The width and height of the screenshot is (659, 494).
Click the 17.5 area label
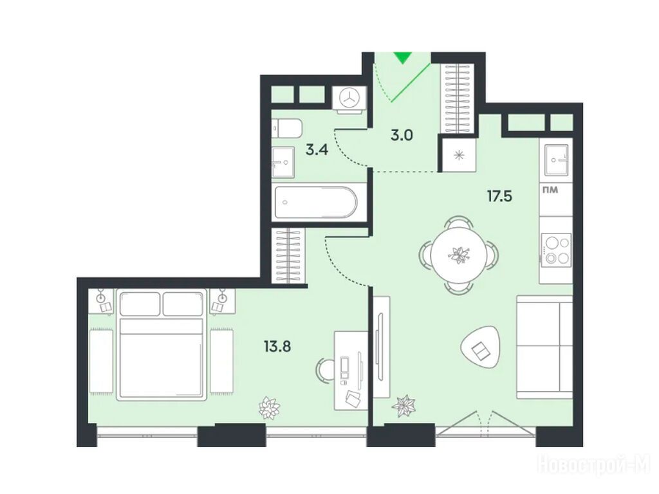pyautogui.click(x=499, y=196)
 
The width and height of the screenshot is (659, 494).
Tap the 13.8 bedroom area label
pyautogui.click(x=277, y=347)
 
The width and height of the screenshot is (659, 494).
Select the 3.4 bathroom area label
pyautogui.click(x=317, y=150)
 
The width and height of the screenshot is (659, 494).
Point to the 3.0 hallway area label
pyautogui.click(x=402, y=136)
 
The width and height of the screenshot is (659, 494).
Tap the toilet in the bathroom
pyautogui.click(x=286, y=128)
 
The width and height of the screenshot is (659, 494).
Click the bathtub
pyautogui.click(x=315, y=203)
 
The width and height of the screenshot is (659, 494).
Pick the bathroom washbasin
pyautogui.click(x=283, y=162)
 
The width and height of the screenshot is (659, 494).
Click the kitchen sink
pyautogui.click(x=557, y=160)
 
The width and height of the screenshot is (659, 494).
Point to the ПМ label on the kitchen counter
pyautogui.click(x=550, y=190)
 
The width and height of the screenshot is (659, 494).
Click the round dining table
pyautogui.click(x=458, y=253)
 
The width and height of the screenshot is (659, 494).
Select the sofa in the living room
pyautogui.click(x=544, y=347)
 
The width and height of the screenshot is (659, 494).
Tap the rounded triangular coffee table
pyautogui.click(x=481, y=348)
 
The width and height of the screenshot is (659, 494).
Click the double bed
pyautogui.click(x=162, y=345)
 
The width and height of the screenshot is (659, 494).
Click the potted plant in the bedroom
pyautogui.click(x=269, y=407)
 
